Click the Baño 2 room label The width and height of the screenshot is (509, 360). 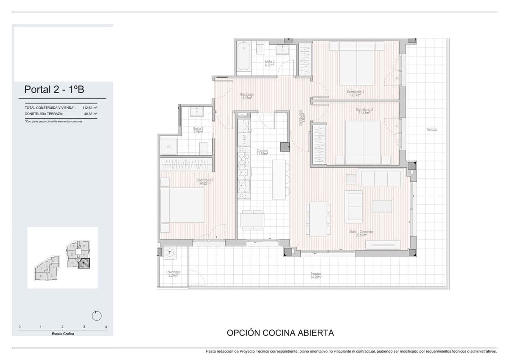(269, 64)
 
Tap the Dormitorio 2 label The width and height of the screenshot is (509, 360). (355, 94)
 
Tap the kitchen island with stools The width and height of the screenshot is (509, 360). (279, 179)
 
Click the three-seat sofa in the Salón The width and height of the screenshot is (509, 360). (380, 178)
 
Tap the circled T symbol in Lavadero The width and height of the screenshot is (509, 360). (170, 252)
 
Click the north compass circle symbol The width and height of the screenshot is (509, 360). (97, 315)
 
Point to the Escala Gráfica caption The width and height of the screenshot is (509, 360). (62, 334)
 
